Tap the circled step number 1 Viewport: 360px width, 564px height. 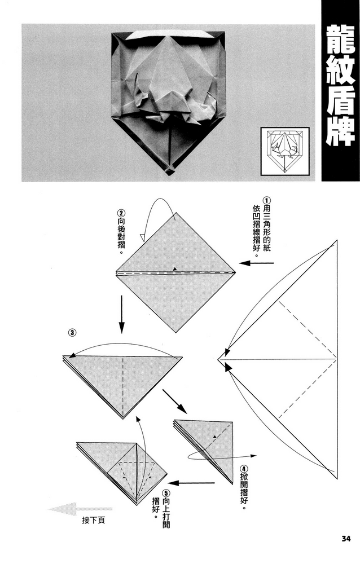[x=267, y=201]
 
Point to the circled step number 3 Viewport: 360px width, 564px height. [x=72, y=333]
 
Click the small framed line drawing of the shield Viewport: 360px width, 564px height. [x=285, y=151]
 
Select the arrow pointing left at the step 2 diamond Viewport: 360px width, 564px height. [x=248, y=263]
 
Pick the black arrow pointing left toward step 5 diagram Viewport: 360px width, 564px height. [x=191, y=483]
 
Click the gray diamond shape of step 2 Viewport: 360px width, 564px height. [x=175, y=273]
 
